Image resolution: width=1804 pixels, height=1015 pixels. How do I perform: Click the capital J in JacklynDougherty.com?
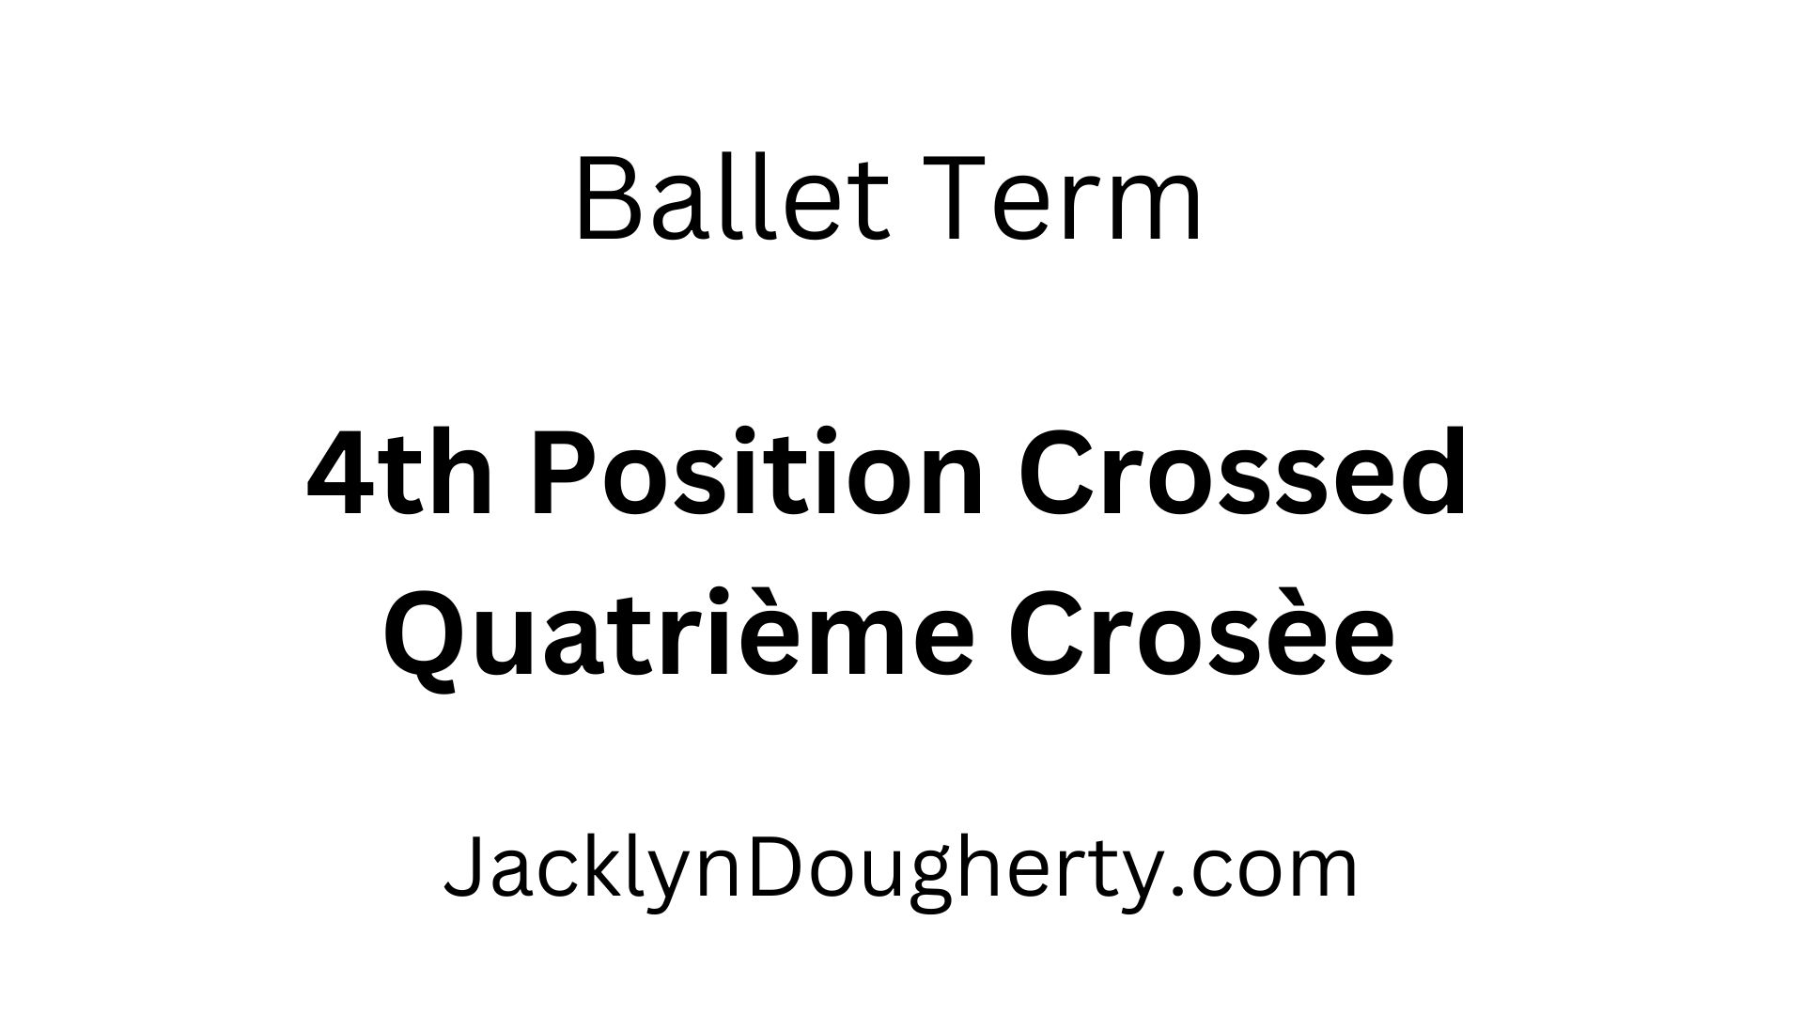click(x=460, y=869)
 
